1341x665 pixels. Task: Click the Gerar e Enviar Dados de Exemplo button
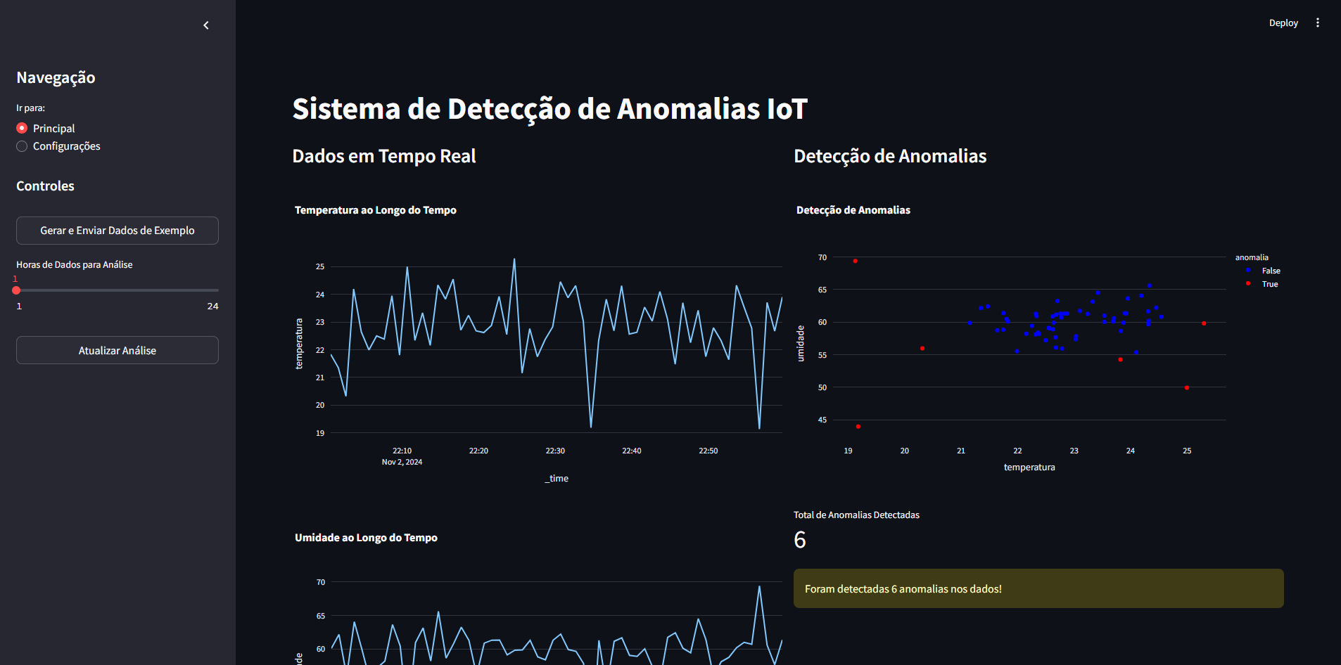(x=117, y=231)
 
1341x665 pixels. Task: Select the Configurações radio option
(x=23, y=146)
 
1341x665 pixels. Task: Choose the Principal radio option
(x=23, y=128)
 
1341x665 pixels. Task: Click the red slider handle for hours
(x=16, y=290)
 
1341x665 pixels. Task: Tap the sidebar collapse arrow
(x=206, y=25)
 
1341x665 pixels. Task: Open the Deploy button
(x=1283, y=23)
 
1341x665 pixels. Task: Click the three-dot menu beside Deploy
(x=1317, y=23)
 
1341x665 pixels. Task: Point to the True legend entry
(x=1269, y=284)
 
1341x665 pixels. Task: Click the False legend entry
(x=1270, y=271)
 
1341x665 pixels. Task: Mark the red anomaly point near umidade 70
(x=855, y=261)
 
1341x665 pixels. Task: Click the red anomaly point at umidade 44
(x=858, y=427)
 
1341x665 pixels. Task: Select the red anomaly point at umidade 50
(x=1186, y=388)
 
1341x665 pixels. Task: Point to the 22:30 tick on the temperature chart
(x=555, y=451)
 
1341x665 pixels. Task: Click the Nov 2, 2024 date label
(x=402, y=462)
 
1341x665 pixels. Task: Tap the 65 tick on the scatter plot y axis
(x=822, y=290)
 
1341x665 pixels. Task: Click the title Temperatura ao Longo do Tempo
(x=375, y=210)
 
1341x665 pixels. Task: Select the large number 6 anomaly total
(x=800, y=540)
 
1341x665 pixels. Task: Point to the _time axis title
(x=557, y=478)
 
